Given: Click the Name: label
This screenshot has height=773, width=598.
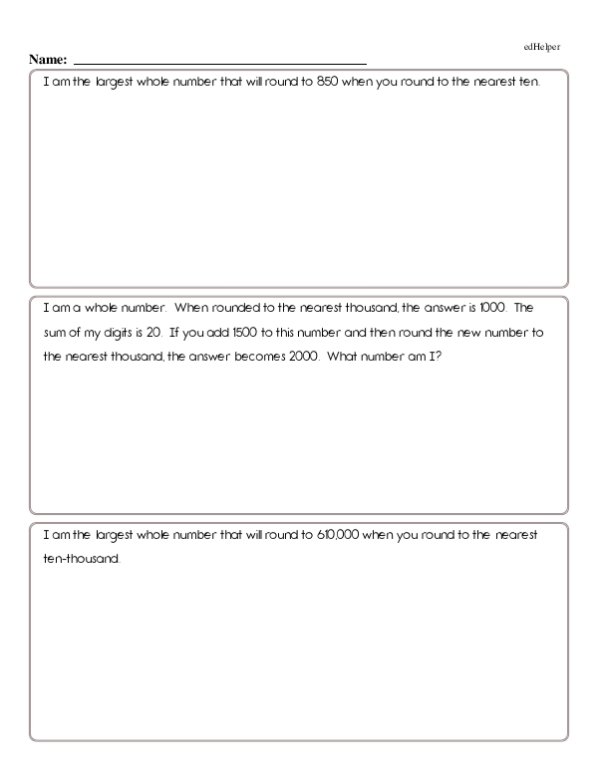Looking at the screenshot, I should pos(50,63).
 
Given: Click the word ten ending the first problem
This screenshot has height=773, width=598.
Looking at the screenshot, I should pos(527,83).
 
